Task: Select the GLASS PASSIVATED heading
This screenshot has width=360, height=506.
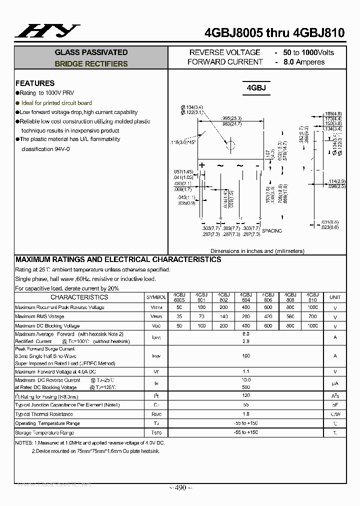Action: tap(91, 52)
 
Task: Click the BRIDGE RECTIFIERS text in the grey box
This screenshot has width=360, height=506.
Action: tap(91, 64)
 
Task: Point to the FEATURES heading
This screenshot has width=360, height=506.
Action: tap(35, 83)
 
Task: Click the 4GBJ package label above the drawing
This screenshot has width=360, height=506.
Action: tap(256, 88)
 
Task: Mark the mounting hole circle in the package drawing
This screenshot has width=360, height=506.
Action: tap(230, 145)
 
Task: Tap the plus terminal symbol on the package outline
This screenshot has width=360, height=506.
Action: tap(202, 165)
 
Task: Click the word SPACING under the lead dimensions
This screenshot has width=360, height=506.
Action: tap(272, 230)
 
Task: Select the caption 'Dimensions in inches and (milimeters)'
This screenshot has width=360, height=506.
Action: tap(257, 251)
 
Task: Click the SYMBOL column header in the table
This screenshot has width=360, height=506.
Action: tap(156, 297)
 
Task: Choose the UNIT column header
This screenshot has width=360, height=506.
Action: tap(335, 297)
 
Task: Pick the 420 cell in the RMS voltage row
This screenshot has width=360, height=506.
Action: tap(268, 316)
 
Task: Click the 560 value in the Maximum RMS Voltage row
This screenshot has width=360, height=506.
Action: tap(290, 316)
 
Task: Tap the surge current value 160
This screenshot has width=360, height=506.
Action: tap(246, 356)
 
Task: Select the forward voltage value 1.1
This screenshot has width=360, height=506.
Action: tap(246, 372)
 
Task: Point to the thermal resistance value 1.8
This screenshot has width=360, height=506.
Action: tap(246, 414)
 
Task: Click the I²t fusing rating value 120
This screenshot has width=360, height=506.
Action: tap(246, 395)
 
